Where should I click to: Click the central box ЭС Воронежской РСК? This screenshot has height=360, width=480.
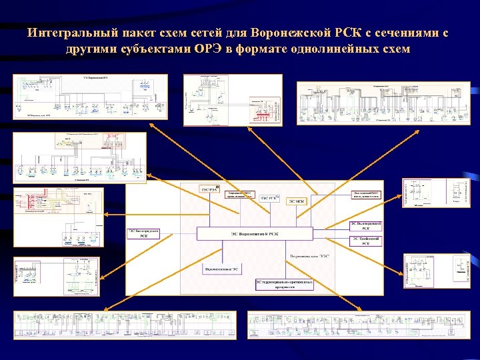pos(254,233)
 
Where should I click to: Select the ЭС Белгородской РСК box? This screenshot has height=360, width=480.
pos(143,233)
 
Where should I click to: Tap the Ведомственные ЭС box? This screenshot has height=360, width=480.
pos(222,269)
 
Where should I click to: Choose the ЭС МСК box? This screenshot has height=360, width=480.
pos(296,201)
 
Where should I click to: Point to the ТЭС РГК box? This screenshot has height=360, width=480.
pos(269,197)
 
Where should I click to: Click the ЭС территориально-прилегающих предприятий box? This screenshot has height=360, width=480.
pos(285,284)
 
